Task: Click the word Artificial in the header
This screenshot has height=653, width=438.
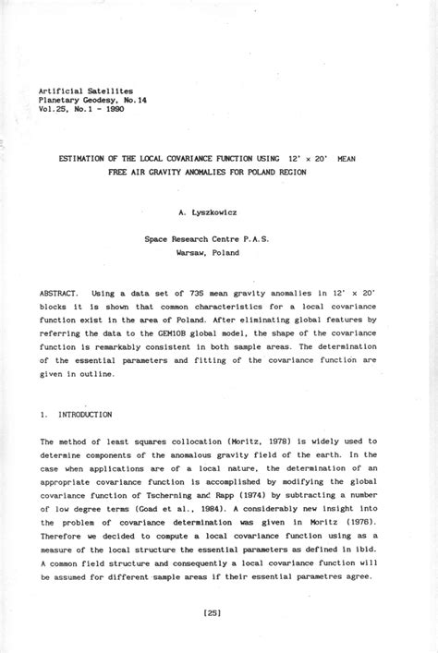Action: tap(61, 90)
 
